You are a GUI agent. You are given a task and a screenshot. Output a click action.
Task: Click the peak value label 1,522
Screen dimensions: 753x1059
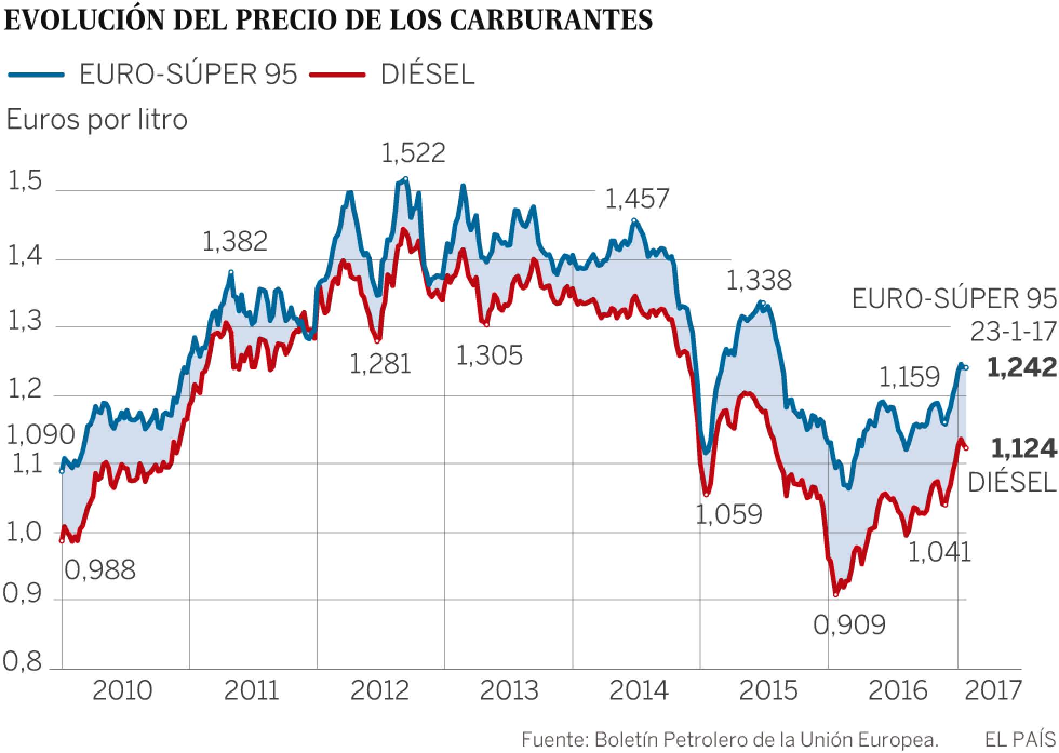(413, 153)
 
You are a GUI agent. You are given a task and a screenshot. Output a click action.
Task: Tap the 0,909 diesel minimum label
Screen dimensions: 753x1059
(849, 624)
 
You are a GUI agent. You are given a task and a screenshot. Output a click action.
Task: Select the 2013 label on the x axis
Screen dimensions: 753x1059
(510, 690)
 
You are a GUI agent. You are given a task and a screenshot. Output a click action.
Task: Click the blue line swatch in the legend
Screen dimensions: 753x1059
(37, 75)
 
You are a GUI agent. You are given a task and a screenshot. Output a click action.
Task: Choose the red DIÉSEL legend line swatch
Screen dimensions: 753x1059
(338, 75)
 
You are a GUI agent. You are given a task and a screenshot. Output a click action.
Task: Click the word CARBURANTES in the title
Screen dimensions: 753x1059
(551, 20)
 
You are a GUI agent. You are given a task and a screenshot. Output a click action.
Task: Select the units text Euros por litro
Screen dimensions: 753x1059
(97, 119)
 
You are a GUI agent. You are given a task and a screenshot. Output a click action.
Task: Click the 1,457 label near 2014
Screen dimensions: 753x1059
(636, 199)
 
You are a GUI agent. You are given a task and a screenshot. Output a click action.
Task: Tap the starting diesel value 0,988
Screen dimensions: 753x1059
(100, 569)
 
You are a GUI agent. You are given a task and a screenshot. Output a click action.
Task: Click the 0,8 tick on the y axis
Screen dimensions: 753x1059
(23, 662)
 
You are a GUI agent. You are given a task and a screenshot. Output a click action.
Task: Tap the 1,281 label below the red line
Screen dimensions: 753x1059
(380, 364)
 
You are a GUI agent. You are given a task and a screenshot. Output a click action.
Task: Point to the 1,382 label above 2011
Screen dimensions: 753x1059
(235, 241)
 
